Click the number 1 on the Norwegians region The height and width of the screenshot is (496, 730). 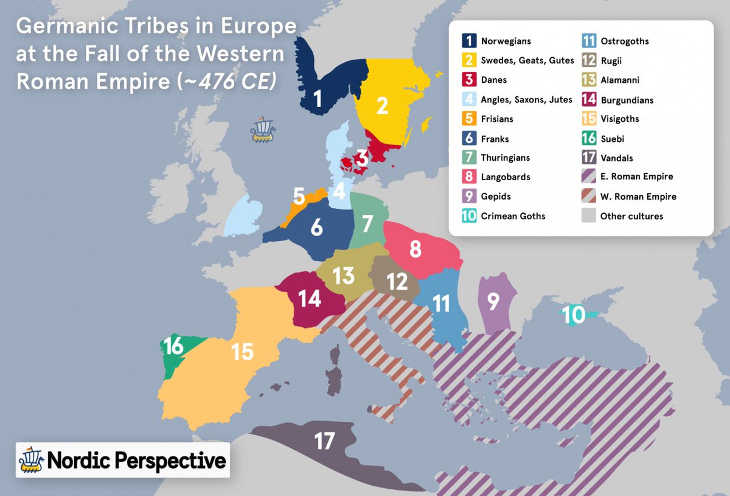(316, 98)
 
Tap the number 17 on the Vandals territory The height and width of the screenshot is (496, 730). (324, 441)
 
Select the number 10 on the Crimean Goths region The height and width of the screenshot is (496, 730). (574, 315)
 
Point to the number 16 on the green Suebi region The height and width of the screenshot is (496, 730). (173, 346)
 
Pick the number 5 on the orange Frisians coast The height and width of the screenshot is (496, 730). (299, 196)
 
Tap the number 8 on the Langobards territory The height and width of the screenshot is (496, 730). (415, 250)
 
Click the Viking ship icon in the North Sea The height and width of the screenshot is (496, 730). (262, 130)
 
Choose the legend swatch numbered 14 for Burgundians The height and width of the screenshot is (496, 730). (589, 99)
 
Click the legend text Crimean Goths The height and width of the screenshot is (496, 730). (513, 216)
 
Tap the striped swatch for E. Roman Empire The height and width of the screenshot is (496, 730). (589, 177)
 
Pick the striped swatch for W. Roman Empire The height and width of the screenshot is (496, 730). (589, 197)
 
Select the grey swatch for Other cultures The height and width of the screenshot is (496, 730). (589, 216)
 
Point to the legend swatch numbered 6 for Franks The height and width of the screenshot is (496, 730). (469, 139)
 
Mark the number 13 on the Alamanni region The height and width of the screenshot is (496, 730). (344, 275)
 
